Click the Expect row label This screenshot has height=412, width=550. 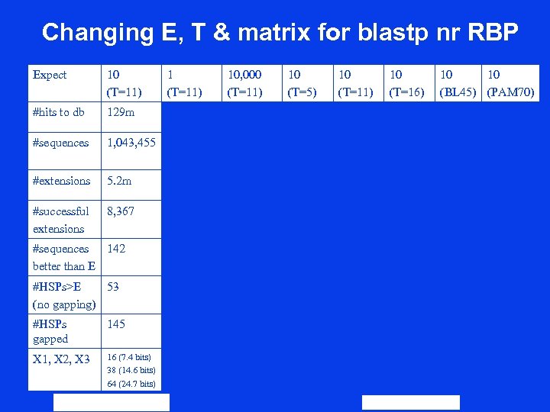point(50,75)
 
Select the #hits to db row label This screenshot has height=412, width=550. point(58,112)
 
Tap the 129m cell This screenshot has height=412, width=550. point(121,112)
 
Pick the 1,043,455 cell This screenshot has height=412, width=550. point(131,143)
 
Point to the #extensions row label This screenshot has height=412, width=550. point(61,181)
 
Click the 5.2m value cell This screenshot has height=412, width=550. point(119,181)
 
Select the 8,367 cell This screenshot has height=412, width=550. point(121,211)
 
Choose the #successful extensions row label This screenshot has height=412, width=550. point(60,220)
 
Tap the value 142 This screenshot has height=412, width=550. point(116,249)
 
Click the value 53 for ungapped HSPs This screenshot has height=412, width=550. point(113,287)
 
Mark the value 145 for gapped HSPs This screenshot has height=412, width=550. point(116,324)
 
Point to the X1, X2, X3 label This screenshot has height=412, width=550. point(61,359)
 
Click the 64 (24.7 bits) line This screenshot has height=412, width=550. point(131,384)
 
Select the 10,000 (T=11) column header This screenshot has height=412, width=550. point(244,83)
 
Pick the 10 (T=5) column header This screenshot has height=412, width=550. point(302,83)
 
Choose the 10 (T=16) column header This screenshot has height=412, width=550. point(406,83)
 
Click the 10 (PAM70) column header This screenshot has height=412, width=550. point(511,83)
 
